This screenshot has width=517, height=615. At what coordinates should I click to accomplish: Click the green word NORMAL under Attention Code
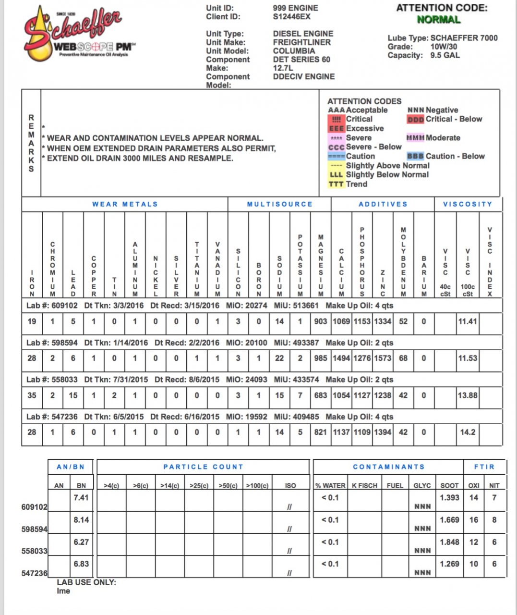coord(438,20)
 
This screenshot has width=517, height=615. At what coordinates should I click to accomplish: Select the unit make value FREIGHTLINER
coord(301,42)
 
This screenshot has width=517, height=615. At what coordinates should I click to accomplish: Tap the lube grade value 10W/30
coord(444,47)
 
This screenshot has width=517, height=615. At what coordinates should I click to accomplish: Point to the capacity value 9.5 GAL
coord(445,55)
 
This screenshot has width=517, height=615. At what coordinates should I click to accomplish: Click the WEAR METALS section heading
coord(125,204)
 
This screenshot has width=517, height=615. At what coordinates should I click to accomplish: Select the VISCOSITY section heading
coord(468,204)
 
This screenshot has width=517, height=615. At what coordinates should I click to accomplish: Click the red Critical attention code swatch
coord(336,119)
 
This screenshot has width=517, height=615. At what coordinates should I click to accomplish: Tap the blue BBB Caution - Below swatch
coord(415,156)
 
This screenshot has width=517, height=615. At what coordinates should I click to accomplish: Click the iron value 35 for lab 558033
coord(32,395)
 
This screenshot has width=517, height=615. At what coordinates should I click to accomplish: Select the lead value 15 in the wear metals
coord(73,395)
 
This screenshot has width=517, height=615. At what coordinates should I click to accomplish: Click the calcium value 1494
coord(341,358)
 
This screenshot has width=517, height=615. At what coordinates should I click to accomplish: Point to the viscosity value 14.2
coord(468,432)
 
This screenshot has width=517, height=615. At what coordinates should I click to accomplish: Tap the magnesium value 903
coord(321,321)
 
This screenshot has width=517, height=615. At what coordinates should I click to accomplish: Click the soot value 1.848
coord(449,542)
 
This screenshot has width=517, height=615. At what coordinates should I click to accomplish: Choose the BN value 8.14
coord(81,520)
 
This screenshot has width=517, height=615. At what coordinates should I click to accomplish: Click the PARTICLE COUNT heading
coord(203,467)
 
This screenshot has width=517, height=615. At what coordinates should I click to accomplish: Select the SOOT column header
coord(449,486)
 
